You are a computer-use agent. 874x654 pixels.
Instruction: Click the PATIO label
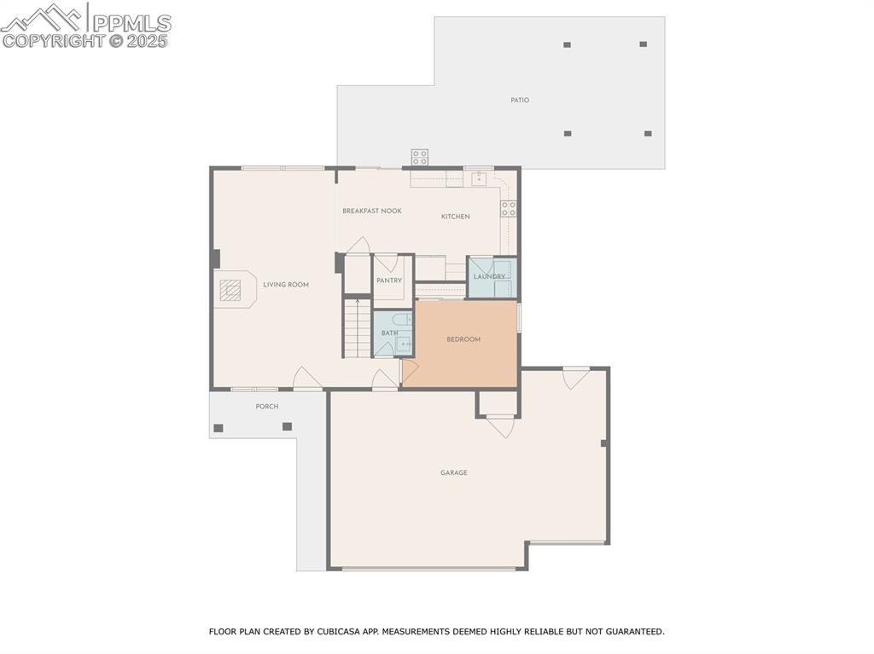[520, 101]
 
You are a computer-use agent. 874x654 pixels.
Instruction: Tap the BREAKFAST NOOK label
[372, 211]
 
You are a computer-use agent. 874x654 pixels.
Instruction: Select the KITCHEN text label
[455, 217]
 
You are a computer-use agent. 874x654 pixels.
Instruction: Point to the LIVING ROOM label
[286, 285]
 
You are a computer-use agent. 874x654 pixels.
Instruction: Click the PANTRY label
[389, 281]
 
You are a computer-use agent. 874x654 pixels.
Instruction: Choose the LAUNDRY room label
[489, 276]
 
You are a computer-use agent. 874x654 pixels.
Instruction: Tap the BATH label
[389, 333]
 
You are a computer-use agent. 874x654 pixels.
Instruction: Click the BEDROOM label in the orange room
[463, 339]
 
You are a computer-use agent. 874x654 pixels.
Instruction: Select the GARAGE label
[454, 473]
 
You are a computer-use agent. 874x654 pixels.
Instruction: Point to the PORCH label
[267, 407]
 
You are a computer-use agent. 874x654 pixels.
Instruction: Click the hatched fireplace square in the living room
[230, 290]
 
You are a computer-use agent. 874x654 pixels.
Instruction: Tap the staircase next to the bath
[358, 327]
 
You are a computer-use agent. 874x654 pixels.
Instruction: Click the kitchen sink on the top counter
[479, 179]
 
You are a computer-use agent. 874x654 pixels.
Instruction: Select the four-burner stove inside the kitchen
[509, 208]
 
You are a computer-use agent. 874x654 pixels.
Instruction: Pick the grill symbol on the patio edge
[420, 157]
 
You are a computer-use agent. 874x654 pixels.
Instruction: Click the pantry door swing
[387, 262]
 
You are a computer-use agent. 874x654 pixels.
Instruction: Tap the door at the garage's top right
[576, 377]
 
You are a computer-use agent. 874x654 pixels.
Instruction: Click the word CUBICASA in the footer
[337, 632]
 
